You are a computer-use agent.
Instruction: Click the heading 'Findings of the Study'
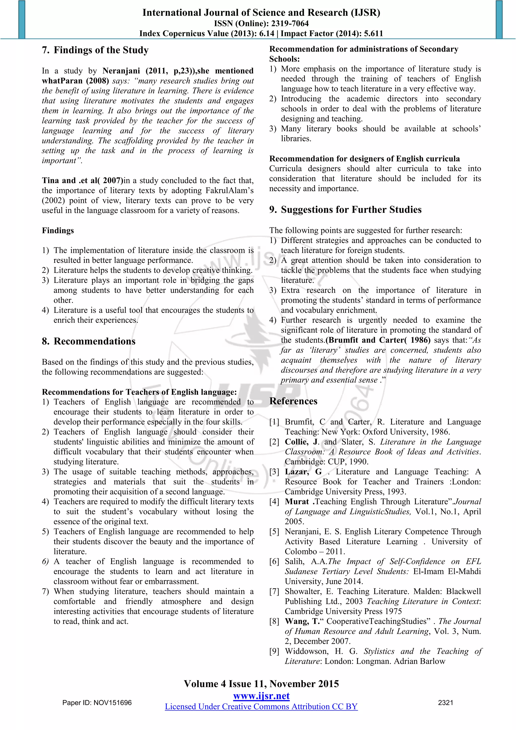click(x=101, y=50)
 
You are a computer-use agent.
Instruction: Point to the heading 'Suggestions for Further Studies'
click(x=351, y=209)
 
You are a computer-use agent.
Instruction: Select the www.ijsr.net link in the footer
click(x=261, y=696)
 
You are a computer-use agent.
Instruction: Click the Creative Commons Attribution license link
click(x=261, y=707)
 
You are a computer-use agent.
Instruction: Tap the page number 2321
click(x=445, y=703)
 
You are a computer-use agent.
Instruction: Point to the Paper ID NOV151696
click(x=97, y=703)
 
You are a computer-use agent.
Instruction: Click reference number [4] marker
click(x=274, y=502)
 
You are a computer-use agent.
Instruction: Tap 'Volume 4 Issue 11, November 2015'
click(x=261, y=684)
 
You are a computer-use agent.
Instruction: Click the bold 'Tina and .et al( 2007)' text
click(x=82, y=180)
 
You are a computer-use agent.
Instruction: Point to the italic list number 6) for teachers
click(x=45, y=562)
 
